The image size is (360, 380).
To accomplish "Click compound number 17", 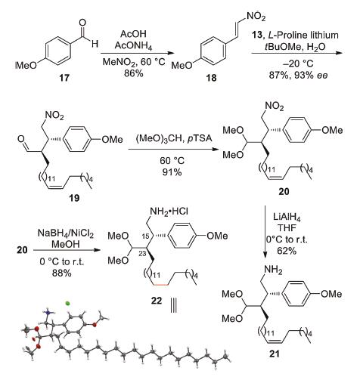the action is (64, 78).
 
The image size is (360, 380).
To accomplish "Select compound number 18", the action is (211, 78).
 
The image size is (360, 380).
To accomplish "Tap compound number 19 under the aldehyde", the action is (74, 198).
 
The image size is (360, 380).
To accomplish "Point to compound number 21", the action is (275, 354).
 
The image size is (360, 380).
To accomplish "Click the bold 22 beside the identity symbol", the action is (157, 300).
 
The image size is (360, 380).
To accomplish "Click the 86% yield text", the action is (134, 73).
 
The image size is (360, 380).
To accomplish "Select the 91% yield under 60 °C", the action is (172, 172).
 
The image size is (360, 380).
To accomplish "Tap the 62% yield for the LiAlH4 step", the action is (287, 251).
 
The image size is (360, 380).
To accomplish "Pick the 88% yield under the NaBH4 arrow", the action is (62, 273).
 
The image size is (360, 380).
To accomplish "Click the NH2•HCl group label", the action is (169, 211).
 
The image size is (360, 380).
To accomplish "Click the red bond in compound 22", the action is (160, 285).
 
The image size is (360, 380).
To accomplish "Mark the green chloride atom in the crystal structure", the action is (67, 304).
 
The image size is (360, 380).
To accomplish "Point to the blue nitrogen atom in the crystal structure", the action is (48, 313).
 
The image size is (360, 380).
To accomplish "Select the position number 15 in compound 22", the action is (145, 236).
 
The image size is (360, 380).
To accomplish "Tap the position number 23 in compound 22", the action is (142, 254).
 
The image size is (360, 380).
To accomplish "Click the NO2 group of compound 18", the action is (256, 17).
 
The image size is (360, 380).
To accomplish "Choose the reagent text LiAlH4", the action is (287, 217).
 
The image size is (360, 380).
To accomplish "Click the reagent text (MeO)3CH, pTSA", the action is (174, 139).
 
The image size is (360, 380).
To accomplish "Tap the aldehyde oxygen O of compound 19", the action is (21, 139).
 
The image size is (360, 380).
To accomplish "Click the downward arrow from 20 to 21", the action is (265, 232).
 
